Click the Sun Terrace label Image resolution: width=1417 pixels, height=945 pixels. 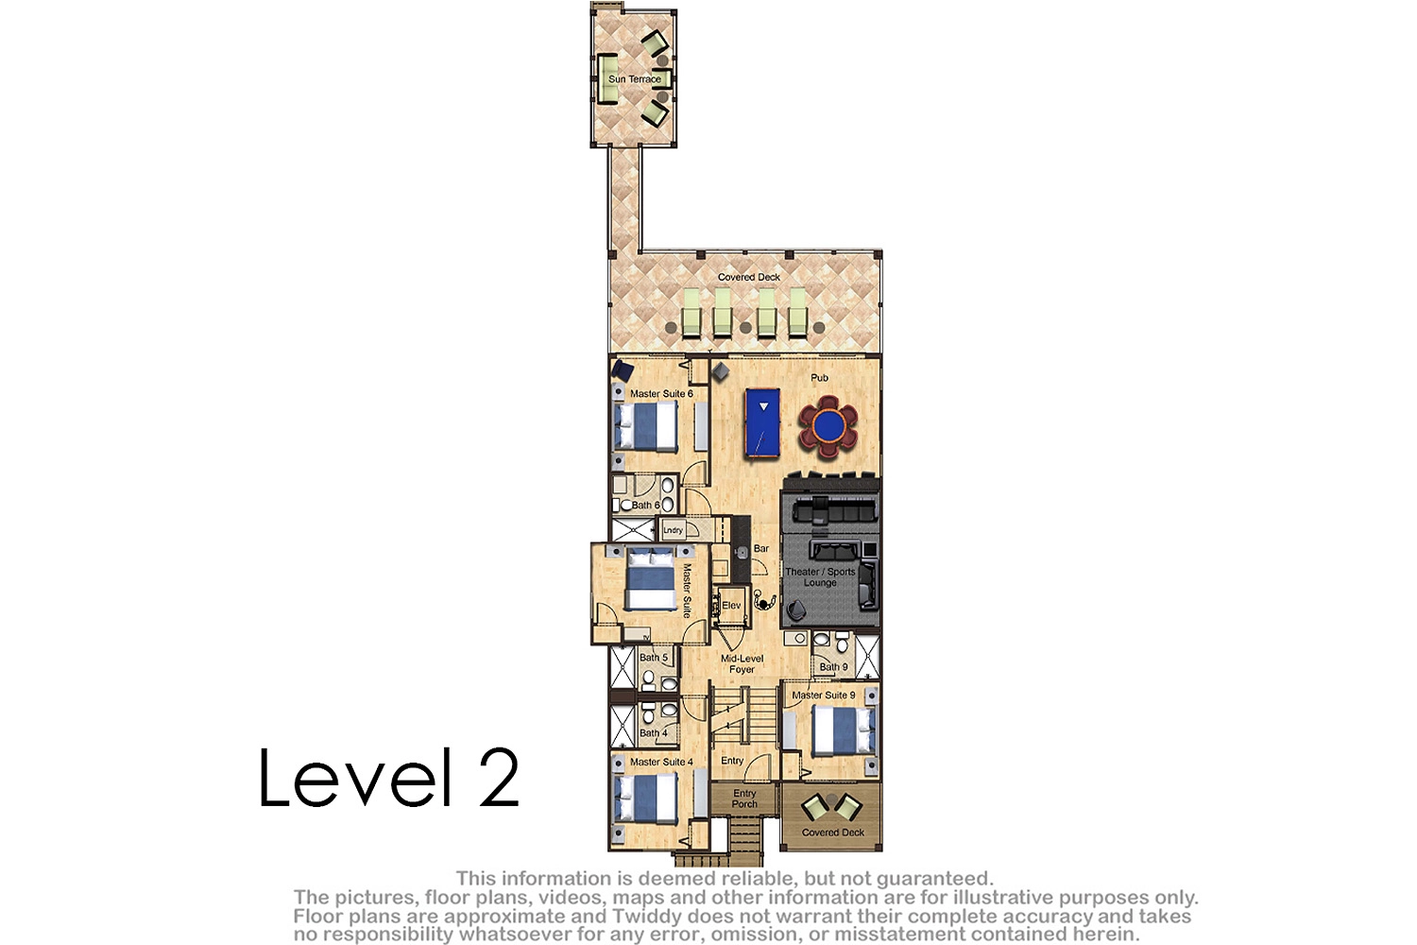click(x=635, y=79)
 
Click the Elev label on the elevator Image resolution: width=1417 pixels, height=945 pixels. click(x=731, y=605)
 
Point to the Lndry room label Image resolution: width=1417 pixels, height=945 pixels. click(x=673, y=530)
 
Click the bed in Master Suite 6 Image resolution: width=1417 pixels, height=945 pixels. click(x=646, y=427)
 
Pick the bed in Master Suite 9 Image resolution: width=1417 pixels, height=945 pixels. click(x=844, y=730)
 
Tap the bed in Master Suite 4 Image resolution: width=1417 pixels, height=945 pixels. click(x=646, y=798)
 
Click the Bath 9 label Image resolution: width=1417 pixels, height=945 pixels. click(x=833, y=666)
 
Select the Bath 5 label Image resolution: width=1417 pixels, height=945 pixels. click(x=654, y=657)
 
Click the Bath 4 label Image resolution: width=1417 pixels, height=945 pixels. click(x=654, y=733)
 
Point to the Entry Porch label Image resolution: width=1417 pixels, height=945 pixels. click(x=744, y=799)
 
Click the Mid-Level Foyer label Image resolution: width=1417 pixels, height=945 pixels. click(x=742, y=663)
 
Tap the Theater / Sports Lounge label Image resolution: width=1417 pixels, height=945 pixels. click(x=820, y=576)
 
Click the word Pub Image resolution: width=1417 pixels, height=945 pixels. click(x=819, y=378)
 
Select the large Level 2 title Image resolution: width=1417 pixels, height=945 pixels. click(x=389, y=778)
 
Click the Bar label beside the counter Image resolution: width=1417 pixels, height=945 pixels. click(x=761, y=548)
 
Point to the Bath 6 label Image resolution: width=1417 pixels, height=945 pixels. click(x=646, y=505)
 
